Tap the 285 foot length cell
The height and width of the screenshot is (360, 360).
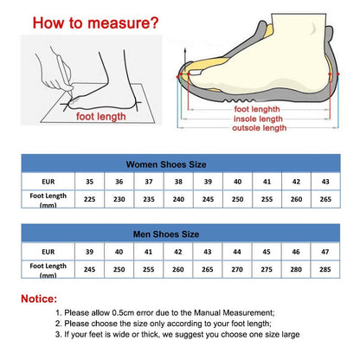(x=324, y=269)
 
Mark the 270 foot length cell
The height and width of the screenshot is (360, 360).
(x=236, y=269)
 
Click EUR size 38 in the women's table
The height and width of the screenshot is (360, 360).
(x=178, y=182)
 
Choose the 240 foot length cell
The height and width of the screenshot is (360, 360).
(x=178, y=200)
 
